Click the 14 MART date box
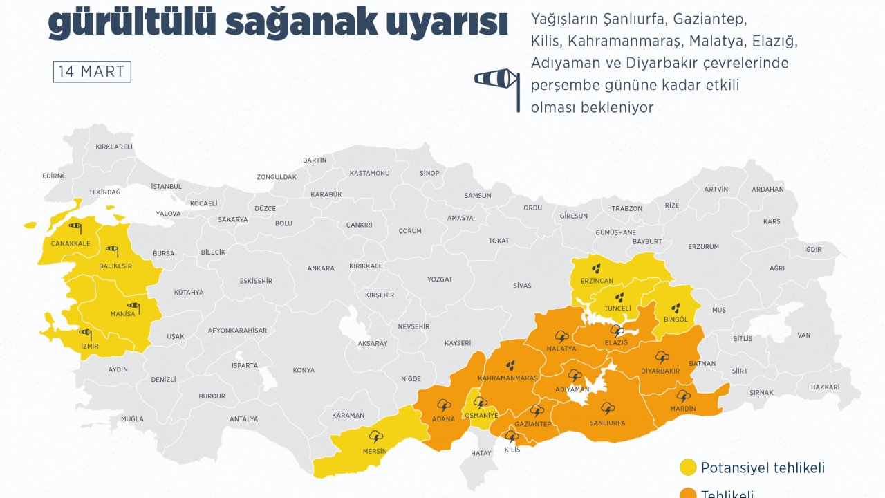(92, 72)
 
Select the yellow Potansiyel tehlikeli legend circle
(688, 468)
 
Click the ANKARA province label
(321, 268)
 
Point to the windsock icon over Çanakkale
(75, 226)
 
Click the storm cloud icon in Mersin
(377, 437)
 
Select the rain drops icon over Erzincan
(595, 267)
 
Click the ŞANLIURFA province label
(608, 423)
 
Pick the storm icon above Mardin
(684, 396)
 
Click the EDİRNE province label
(54, 176)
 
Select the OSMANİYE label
(481, 415)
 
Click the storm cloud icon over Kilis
(512, 436)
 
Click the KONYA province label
(304, 370)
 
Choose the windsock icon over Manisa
(133, 306)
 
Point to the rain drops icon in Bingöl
(676, 306)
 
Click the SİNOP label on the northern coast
(429, 173)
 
